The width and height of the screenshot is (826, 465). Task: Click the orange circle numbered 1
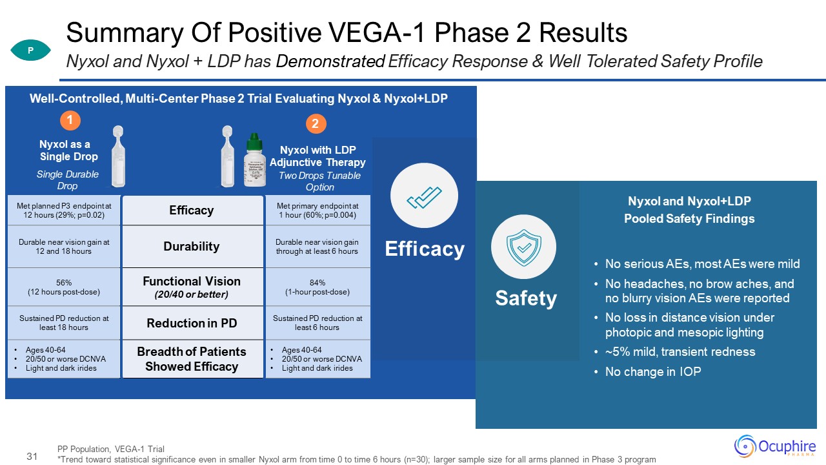[70, 120]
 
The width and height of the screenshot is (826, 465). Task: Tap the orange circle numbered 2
[316, 123]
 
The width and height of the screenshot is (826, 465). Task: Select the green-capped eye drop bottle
[255, 159]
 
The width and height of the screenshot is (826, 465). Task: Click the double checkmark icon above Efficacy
[424, 196]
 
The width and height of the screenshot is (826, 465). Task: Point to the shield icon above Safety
[524, 246]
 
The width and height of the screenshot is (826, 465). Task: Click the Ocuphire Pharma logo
[775, 446]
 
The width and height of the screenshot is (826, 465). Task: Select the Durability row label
[192, 246]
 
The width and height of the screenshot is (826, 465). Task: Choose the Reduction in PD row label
[192, 323]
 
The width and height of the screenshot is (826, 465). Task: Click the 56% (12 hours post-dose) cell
[64, 287]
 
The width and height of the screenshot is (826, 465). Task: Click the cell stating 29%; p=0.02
[64, 211]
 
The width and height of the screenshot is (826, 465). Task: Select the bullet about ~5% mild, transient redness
[680, 352]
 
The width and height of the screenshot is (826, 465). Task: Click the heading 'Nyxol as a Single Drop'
[68, 150]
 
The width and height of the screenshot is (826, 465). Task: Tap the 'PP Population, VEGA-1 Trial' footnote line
[111, 449]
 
